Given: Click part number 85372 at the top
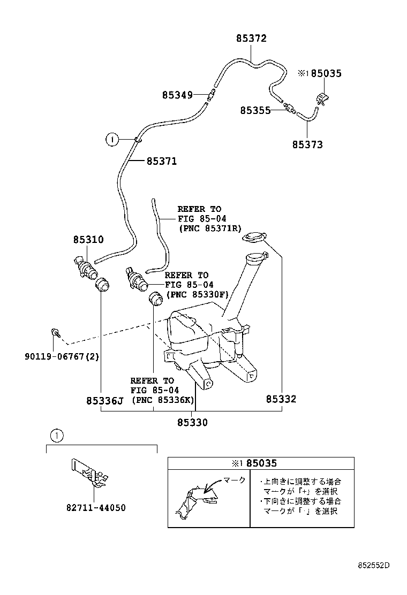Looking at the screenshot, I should pyautogui.click(x=251, y=39).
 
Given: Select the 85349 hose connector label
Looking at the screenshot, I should pyautogui.click(x=177, y=95).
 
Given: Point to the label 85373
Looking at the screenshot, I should pyautogui.click(x=307, y=144).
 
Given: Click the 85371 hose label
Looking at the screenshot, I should pyautogui.click(x=161, y=161).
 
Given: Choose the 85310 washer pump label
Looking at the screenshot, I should pyautogui.click(x=88, y=240).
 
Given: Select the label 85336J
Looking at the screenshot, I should pyautogui.click(x=105, y=400).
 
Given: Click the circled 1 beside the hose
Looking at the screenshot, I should pyautogui.click(x=111, y=140).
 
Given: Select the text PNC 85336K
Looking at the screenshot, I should pyautogui.click(x=163, y=400).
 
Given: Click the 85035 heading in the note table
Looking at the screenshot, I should pyautogui.click(x=261, y=463).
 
